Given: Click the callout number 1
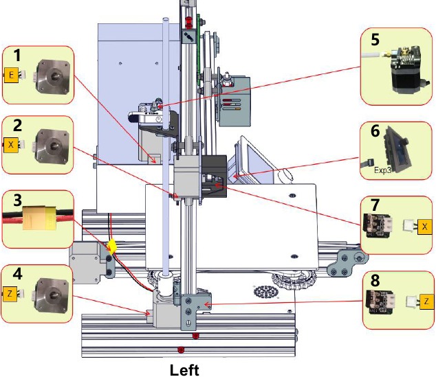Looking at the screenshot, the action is [x=17, y=55].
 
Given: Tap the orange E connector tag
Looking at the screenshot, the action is [x=11, y=75].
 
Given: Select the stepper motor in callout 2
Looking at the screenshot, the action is [x=53, y=146].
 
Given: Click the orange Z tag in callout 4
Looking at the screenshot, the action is [x=10, y=294].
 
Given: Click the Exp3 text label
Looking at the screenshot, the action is [x=382, y=170].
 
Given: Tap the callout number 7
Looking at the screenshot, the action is [x=375, y=205].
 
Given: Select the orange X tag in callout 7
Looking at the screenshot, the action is [x=424, y=227].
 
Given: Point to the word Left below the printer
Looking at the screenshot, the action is [x=184, y=370].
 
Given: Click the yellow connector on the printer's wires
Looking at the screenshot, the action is [x=112, y=246].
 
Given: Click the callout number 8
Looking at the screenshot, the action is [x=375, y=280].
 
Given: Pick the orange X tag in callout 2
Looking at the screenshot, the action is [x=11, y=145].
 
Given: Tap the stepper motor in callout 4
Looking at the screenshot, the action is [x=52, y=295].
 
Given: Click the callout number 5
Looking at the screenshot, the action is [x=375, y=39].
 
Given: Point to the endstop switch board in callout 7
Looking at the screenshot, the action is [x=378, y=226].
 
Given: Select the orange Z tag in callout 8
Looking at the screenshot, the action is [x=426, y=301].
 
